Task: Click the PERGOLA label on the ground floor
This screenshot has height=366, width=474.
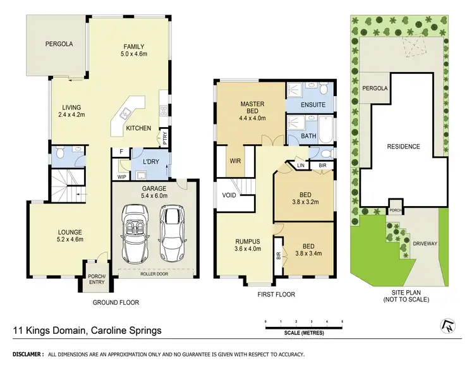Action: [59, 44]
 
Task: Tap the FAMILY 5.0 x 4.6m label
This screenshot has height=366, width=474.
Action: [134, 50]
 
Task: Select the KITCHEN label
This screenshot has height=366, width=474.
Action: [138, 128]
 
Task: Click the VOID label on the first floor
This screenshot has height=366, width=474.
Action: [228, 195]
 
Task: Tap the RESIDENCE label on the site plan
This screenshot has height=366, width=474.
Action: [403, 147]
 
